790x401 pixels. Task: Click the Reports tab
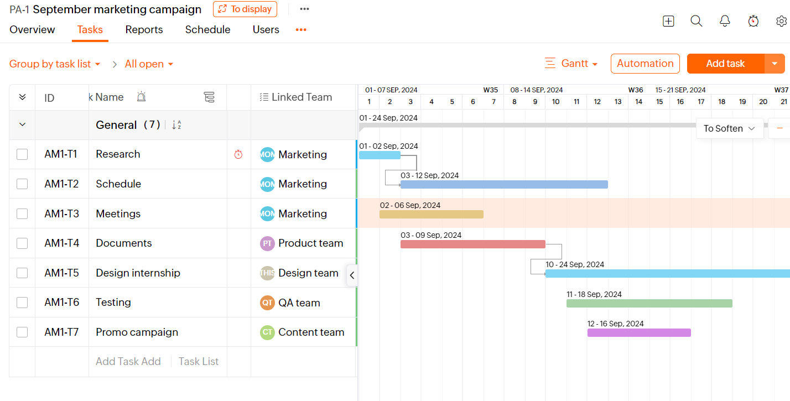pos(144,30)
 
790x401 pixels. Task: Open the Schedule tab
pos(207,30)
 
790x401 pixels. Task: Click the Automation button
pos(645,64)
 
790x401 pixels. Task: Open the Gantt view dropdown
pos(572,64)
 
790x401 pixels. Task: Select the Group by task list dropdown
pos(55,64)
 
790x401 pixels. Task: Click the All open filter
pos(149,64)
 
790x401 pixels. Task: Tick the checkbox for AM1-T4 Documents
pos(22,243)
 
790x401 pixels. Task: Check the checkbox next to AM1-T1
pos(22,154)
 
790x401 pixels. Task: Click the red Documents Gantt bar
pos(472,244)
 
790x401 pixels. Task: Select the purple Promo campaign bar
pos(639,333)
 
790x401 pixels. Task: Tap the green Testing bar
pos(649,303)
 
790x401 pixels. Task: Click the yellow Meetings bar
pos(431,214)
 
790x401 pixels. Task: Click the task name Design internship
pos(138,273)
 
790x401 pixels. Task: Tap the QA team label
pos(299,303)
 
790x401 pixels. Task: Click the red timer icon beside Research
pos(238,154)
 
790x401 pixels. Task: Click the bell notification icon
pos(725,21)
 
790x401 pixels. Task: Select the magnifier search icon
pos(697,21)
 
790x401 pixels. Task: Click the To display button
pos(245,9)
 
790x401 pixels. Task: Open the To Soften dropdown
pos(729,128)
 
